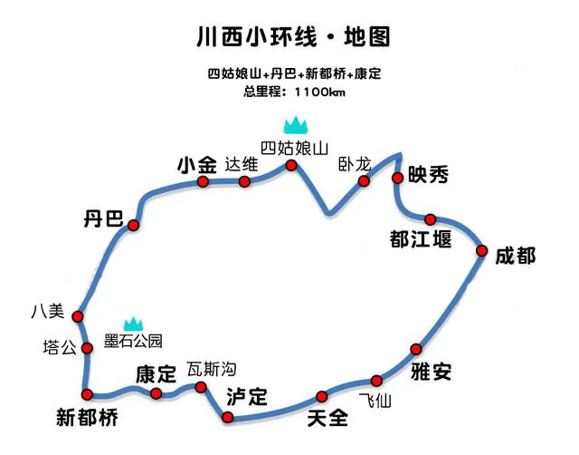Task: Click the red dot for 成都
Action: pyautogui.click(x=481, y=251)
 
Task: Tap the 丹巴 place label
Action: pyautogui.click(x=104, y=218)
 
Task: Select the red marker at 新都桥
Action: pyautogui.click(x=87, y=394)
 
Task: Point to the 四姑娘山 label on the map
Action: pyautogui.click(x=294, y=149)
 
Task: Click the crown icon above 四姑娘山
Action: pyautogui.click(x=296, y=125)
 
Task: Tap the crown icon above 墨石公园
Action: pyautogui.click(x=133, y=324)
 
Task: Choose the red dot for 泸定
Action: pyautogui.click(x=228, y=418)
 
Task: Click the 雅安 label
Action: pyautogui.click(x=431, y=372)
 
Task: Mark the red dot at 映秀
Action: pyautogui.click(x=397, y=178)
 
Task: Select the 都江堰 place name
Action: pyautogui.click(x=421, y=238)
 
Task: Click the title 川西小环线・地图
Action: pyautogui.click(x=293, y=36)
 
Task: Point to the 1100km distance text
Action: pyautogui.click(x=319, y=92)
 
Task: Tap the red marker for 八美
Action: pyautogui.click(x=78, y=316)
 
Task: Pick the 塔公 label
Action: pyautogui.click(x=60, y=348)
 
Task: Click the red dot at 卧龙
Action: pyautogui.click(x=364, y=181)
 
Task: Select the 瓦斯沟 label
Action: pyautogui.click(x=212, y=369)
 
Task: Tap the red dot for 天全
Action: pyautogui.click(x=322, y=397)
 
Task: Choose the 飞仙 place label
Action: pyautogui.click(x=375, y=401)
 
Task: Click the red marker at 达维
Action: pyautogui.click(x=244, y=181)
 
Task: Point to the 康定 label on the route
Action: pyautogui.click(x=156, y=374)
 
